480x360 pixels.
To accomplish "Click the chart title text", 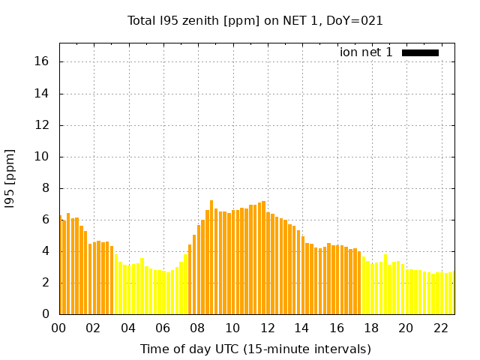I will pyautogui.click(x=255, y=21).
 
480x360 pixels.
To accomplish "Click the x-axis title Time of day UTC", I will pyautogui.click(x=255, y=349).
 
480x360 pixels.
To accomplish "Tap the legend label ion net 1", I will pyautogui.click(x=366, y=52).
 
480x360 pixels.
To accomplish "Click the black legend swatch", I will pyautogui.click(x=420, y=52).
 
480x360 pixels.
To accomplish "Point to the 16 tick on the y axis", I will pyautogui.click(x=43, y=62).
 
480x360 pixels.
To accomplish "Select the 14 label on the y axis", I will pyautogui.click(x=43, y=94).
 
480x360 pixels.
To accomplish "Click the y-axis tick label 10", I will pyautogui.click(x=43, y=157).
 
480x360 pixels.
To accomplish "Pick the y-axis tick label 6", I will pyautogui.click(x=46, y=220).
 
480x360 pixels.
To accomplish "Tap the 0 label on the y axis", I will pyautogui.click(x=46, y=314).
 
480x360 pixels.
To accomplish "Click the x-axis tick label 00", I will pyautogui.click(x=58, y=328).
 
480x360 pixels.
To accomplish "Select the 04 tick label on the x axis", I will pyautogui.click(x=128, y=328).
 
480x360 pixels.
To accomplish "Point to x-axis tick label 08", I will pyautogui.click(x=197, y=328).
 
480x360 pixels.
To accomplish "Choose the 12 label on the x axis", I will pyautogui.click(x=267, y=328).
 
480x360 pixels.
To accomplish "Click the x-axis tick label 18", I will pyautogui.click(x=371, y=328).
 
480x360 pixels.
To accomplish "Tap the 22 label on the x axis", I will pyautogui.click(x=440, y=328).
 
